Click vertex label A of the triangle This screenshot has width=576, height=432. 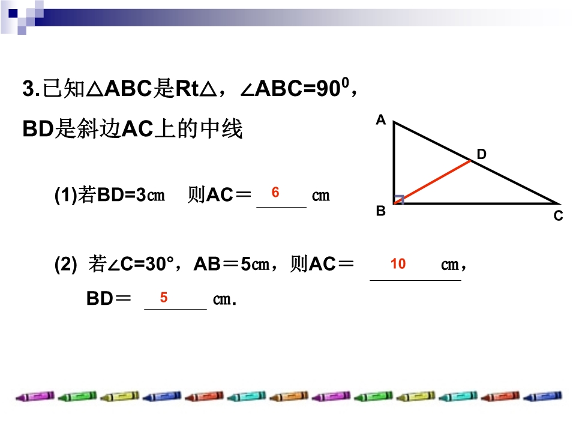coord(381,120)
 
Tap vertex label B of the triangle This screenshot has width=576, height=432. coord(381,211)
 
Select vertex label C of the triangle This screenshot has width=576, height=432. coord(559,215)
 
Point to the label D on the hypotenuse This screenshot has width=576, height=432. coord(481,154)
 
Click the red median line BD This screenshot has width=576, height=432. coord(433,182)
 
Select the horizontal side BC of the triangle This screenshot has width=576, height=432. coord(476,203)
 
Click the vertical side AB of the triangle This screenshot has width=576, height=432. coord(394,163)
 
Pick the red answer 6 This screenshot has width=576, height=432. coord(275,192)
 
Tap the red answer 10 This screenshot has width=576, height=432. coord(398,264)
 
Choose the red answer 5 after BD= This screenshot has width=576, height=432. coord(164,297)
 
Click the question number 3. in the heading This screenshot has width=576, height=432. coord(31,89)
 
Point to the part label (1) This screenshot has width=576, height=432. coord(65,194)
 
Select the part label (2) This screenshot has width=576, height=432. coord(65,264)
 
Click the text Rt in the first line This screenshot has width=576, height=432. coord(187,89)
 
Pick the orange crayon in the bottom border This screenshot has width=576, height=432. coord(289,397)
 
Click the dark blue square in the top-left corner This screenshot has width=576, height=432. coord(13,13)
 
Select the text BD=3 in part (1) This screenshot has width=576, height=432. coord(122,194)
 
